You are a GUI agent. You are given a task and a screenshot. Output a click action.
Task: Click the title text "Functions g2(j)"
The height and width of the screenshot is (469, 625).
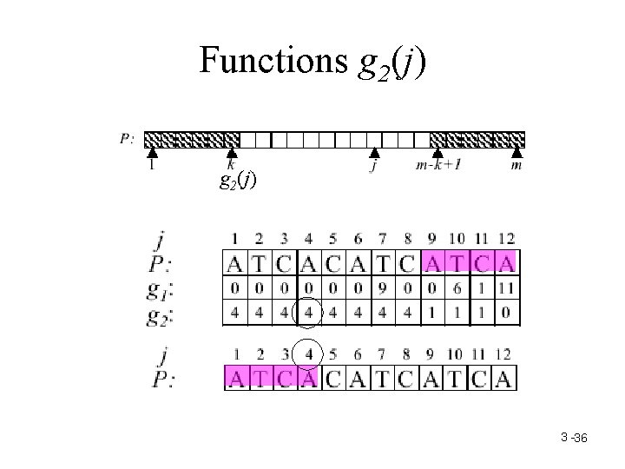[312, 61]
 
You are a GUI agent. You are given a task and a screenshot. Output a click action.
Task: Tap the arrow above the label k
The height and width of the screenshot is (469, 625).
[231, 153]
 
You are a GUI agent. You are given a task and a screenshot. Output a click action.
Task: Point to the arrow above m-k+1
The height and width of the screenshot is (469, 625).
[437, 153]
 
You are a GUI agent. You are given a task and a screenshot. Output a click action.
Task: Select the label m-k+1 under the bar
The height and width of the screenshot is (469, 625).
[437, 166]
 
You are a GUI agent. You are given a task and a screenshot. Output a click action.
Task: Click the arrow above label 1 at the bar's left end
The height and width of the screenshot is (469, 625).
[153, 153]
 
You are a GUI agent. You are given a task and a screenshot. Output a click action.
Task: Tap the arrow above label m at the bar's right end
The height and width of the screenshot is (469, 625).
[517, 153]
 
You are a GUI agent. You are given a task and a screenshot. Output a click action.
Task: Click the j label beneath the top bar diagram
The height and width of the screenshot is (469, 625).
[373, 166]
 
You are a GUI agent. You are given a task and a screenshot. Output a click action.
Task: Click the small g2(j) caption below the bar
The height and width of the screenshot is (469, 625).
[238, 182]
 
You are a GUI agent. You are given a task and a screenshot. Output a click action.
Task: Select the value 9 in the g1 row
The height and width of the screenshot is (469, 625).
[384, 287]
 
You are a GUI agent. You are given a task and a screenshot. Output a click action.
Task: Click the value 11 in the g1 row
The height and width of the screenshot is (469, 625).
[506, 287]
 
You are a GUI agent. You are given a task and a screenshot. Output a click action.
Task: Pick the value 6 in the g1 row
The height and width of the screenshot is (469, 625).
[457, 287]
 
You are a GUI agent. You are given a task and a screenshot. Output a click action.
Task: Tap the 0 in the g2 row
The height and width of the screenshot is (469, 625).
[506, 312]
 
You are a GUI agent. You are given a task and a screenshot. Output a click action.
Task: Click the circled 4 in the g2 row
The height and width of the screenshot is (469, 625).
[310, 312]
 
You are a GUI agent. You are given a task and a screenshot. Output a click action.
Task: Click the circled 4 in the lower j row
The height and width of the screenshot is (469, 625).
[310, 353]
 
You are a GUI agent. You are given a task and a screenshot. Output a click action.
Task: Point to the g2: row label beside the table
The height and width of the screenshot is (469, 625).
[161, 313]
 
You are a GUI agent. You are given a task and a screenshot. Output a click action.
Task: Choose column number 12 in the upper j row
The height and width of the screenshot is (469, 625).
[506, 238]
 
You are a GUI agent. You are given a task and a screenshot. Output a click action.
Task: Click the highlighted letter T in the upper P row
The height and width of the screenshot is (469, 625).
[457, 261]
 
